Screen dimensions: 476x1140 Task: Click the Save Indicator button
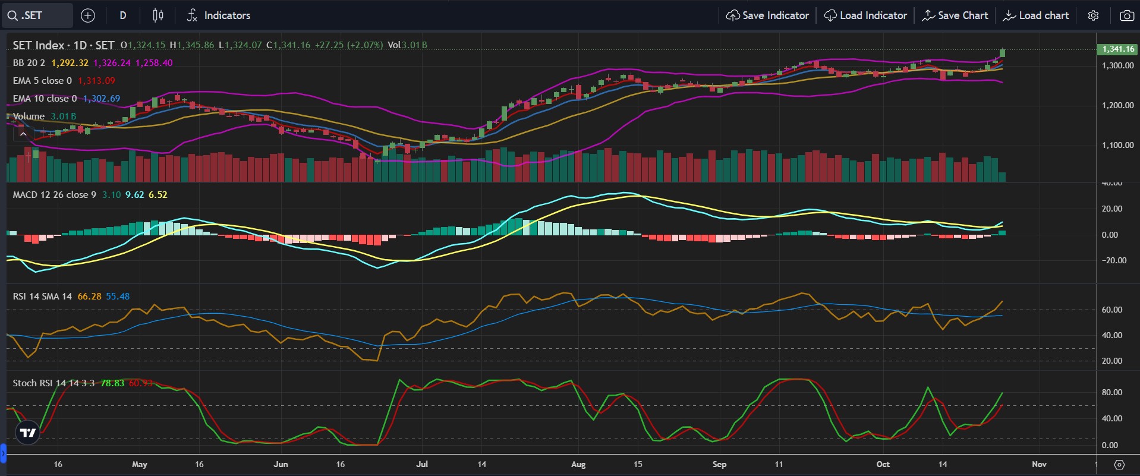point(767,15)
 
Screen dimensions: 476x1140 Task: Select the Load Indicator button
point(865,15)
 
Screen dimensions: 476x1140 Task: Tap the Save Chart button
point(955,15)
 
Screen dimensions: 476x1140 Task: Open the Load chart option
point(1036,15)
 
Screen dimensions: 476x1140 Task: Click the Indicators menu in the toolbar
point(218,15)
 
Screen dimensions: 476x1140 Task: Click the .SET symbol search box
point(37,15)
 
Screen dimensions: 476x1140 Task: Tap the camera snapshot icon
point(1126,15)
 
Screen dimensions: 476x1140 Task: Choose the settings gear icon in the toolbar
point(1093,15)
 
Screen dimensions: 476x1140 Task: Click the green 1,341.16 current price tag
point(1118,49)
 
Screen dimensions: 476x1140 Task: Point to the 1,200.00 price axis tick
point(1117,105)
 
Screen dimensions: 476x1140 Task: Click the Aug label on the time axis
point(578,464)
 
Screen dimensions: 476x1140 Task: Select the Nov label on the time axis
point(1039,464)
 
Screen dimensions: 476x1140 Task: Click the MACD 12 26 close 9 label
point(55,195)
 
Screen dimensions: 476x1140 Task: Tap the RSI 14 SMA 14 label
point(42,297)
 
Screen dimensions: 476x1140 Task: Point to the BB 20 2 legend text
point(29,63)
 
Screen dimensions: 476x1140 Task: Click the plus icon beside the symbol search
point(88,15)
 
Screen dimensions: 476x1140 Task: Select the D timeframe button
point(123,15)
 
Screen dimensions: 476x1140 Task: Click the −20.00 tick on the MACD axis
point(1114,260)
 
